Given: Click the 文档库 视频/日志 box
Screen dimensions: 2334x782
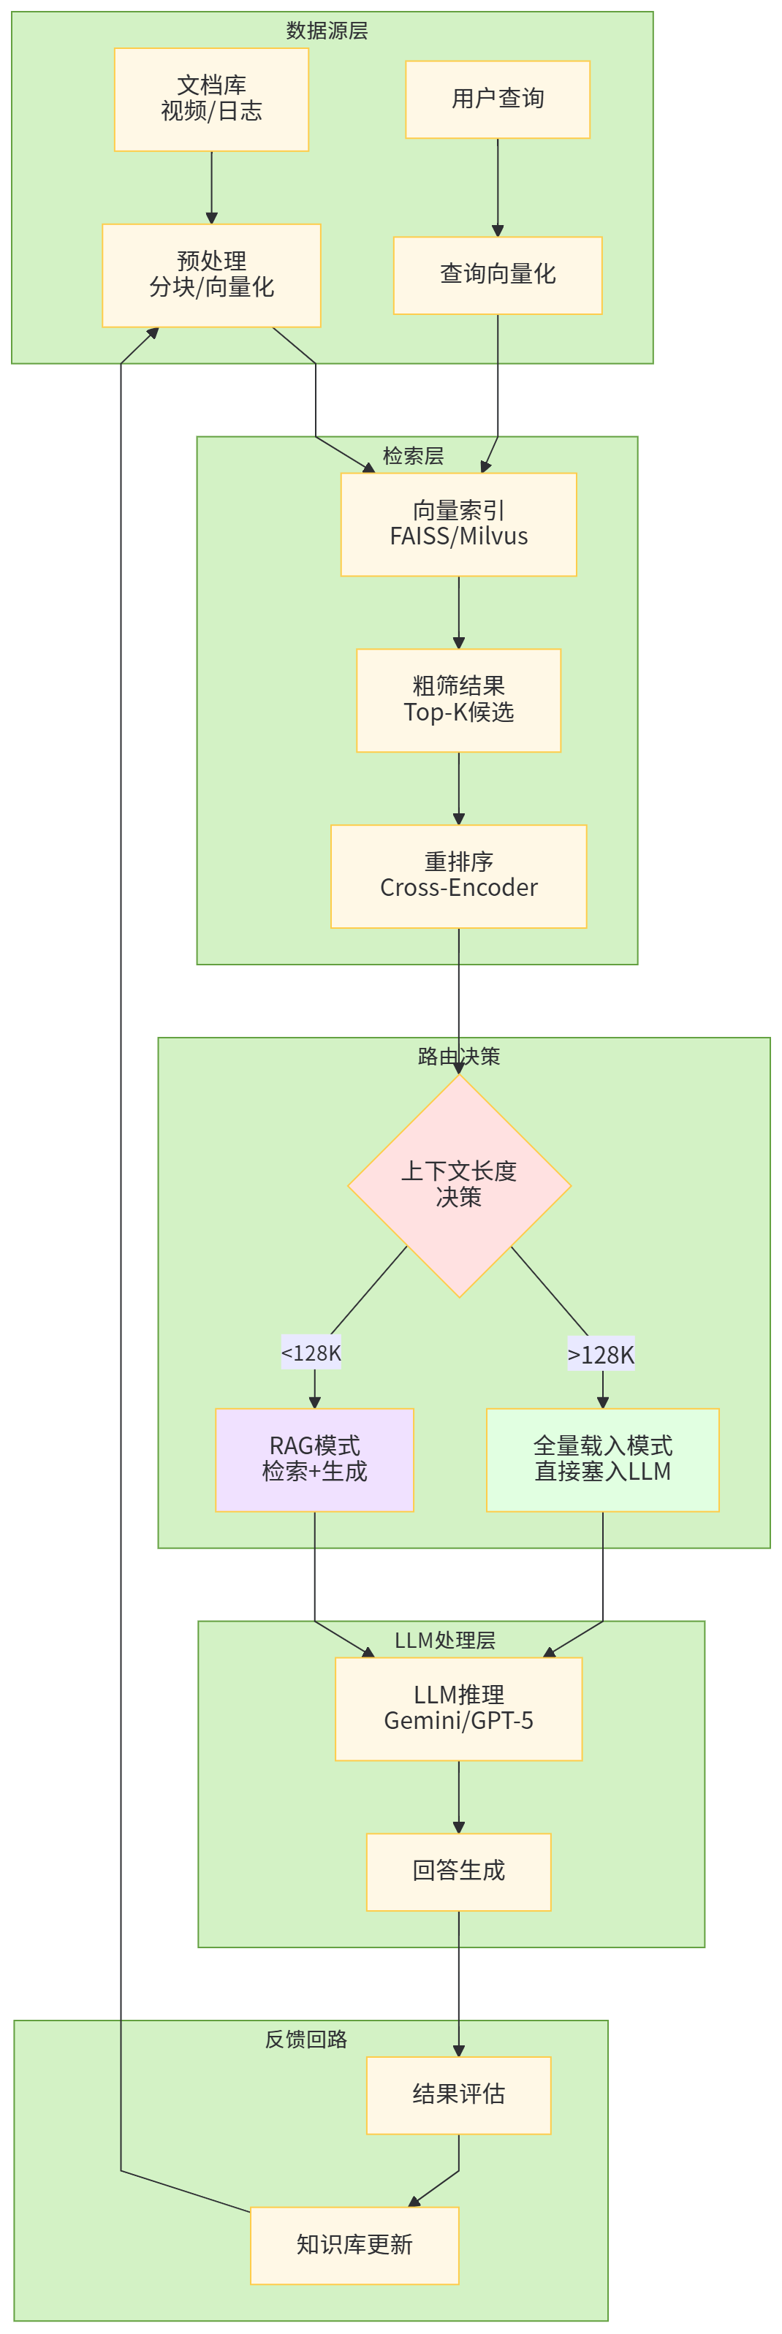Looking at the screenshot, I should [211, 99].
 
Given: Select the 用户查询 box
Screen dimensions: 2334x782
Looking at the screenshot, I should [498, 99].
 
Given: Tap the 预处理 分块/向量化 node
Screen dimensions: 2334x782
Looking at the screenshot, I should [211, 275].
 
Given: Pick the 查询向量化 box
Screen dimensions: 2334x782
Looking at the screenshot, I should [498, 275].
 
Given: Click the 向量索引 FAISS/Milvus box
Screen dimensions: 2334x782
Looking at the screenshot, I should [458, 524].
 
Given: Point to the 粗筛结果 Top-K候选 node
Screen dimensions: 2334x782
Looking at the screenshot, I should [458, 699].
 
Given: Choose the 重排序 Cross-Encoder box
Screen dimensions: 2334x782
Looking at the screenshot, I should [458, 875].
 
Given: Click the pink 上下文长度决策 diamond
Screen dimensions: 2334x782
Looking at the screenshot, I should [458, 1185].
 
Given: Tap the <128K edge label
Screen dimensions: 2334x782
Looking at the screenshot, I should [311, 1353].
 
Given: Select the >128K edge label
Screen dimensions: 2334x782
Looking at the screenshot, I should [601, 1355].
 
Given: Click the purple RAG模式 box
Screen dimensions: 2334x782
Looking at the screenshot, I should [314, 1459].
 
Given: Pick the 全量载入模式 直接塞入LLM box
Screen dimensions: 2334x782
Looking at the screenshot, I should [603, 1459].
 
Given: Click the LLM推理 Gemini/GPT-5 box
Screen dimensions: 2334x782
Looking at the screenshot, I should [458, 1708].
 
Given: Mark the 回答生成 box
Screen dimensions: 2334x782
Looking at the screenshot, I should [458, 1871].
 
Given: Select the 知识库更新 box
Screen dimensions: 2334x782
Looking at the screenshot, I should [354, 2244].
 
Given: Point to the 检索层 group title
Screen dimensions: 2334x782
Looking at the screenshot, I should [413, 456].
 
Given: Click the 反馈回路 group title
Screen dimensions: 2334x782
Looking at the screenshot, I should [306, 2040].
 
